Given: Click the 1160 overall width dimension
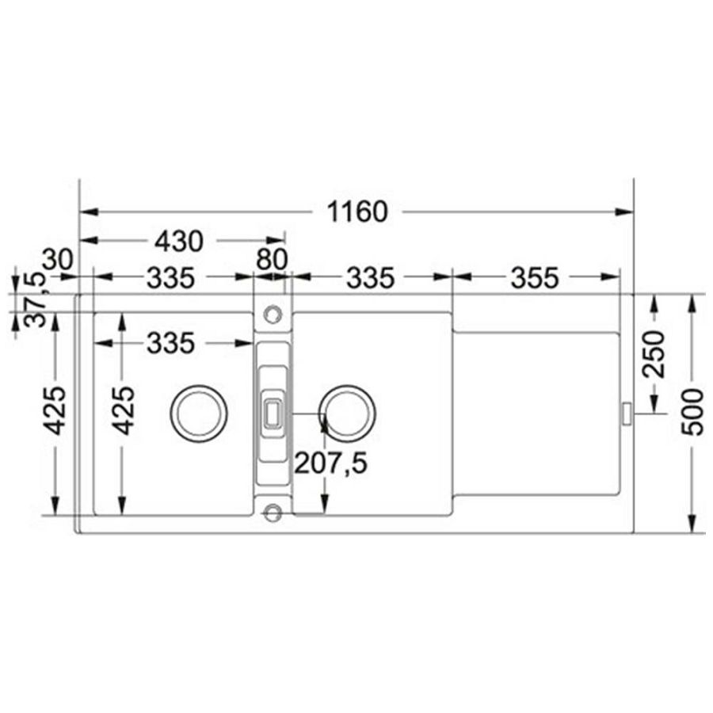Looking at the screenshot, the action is point(357,212).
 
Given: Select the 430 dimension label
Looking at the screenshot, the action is point(179,242).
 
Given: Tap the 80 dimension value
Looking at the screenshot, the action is point(272,259).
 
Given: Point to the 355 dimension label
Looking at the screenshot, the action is point(534,278).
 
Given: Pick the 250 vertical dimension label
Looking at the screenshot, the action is point(654,354).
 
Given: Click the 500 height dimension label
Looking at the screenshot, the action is point(693,412).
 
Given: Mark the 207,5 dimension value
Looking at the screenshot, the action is point(330,463).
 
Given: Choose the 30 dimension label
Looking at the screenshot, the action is point(58,260).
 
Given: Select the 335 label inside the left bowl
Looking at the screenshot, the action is point(170,343).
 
